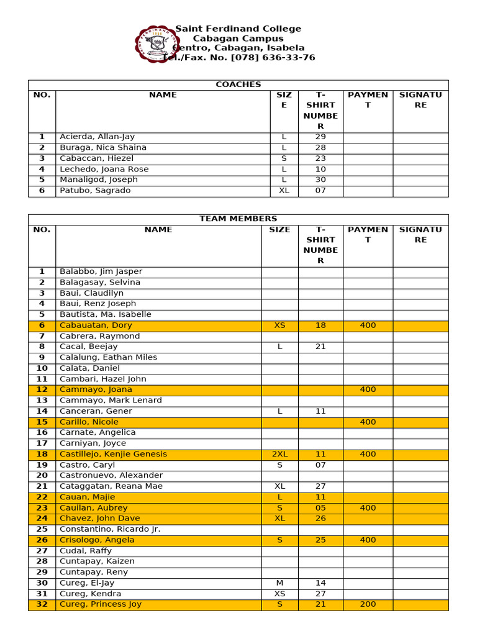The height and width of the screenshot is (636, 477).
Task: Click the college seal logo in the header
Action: coord(153,44)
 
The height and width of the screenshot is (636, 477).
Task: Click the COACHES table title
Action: coord(238,84)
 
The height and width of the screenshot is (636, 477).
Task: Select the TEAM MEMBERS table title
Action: coord(238,219)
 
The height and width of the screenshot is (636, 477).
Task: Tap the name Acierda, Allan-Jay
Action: coord(97,137)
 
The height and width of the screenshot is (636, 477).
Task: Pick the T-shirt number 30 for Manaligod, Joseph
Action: coord(320,179)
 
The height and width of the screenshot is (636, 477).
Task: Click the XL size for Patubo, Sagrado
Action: coord(284,191)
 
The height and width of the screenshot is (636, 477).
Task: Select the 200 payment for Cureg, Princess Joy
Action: coord(368,604)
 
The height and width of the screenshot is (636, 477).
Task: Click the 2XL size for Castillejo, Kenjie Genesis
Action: coord(280,454)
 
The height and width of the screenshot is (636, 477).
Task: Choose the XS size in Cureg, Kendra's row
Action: coord(280,594)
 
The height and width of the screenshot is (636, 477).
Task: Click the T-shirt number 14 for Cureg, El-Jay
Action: coord(320,583)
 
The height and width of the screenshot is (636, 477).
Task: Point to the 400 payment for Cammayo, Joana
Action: coord(368,389)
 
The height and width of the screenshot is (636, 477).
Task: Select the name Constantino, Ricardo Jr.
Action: coord(110,529)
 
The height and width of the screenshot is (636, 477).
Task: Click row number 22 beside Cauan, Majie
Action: coord(42,497)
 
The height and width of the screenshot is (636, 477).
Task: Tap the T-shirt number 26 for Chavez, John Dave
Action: coord(320,518)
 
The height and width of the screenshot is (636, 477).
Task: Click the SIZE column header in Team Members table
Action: coord(279,230)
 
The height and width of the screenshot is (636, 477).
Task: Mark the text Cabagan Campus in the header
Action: coord(238,39)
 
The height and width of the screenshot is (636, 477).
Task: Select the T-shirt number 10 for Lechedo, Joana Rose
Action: coord(320,169)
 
